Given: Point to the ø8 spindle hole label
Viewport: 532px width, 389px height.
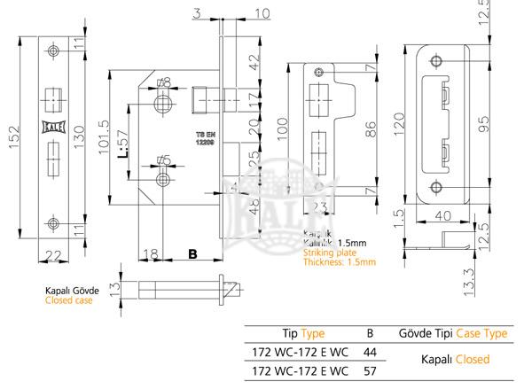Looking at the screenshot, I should point(162,83).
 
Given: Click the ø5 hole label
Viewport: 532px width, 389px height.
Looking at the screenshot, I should point(162,160).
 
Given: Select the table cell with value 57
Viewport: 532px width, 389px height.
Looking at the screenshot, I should point(370,372).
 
